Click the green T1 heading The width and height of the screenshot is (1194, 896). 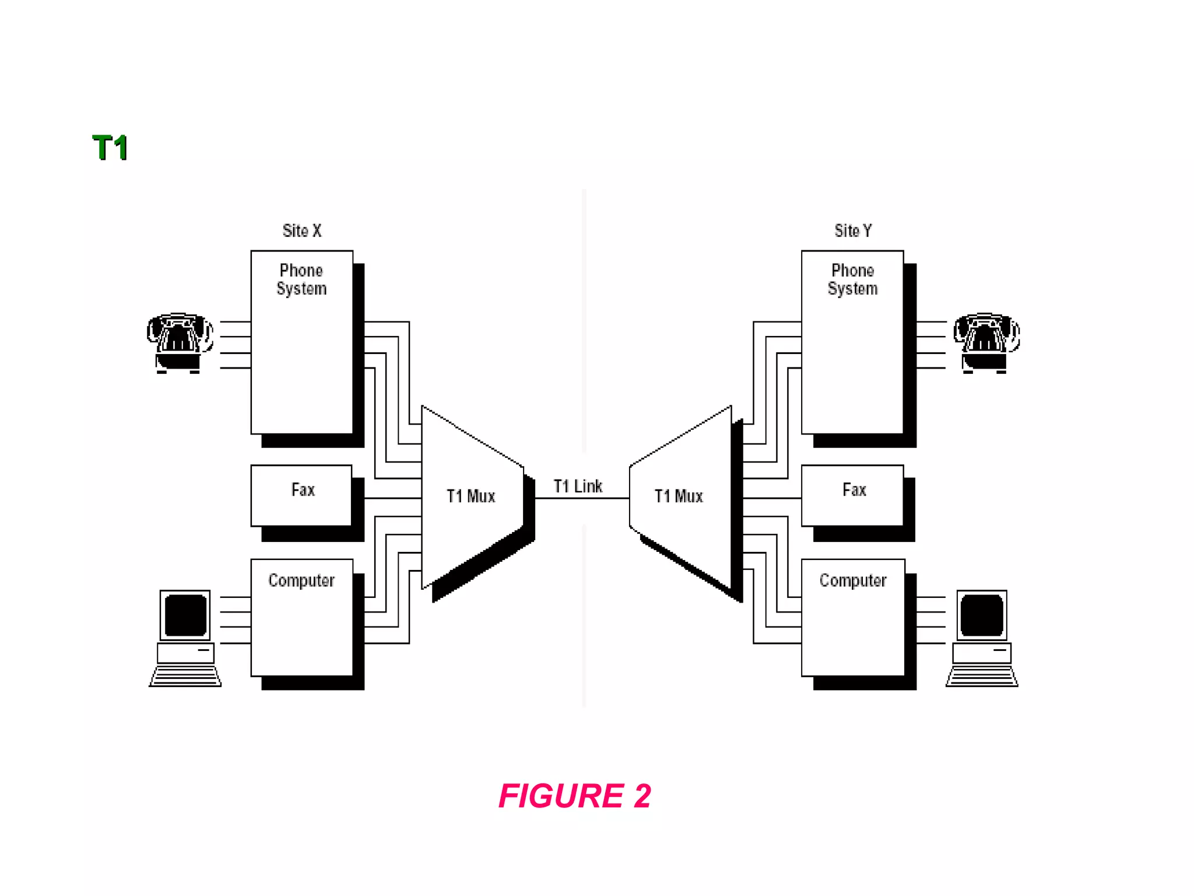pyautogui.click(x=110, y=148)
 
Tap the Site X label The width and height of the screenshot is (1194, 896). pyautogui.click(x=302, y=231)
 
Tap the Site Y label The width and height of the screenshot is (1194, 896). pyautogui.click(x=853, y=231)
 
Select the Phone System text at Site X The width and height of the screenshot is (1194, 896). pyautogui.click(x=301, y=279)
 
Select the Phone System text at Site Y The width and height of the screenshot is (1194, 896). pyautogui.click(x=852, y=279)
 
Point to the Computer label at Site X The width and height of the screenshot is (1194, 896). pyautogui.click(x=301, y=580)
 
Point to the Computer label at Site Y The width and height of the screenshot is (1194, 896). pyautogui.click(x=852, y=580)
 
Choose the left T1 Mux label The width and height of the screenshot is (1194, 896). pyautogui.click(x=470, y=496)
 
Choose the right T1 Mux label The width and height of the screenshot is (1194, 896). pyautogui.click(x=679, y=496)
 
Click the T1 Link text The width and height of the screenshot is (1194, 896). pyautogui.click(x=578, y=486)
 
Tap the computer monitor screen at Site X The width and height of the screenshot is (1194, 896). pyautogui.click(x=185, y=615)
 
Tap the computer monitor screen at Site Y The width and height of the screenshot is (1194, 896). pyautogui.click(x=982, y=615)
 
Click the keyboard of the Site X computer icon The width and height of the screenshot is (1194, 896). pyautogui.click(x=185, y=677)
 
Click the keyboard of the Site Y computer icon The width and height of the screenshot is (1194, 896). pyautogui.click(x=982, y=677)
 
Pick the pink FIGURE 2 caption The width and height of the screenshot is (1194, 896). pyautogui.click(x=575, y=796)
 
